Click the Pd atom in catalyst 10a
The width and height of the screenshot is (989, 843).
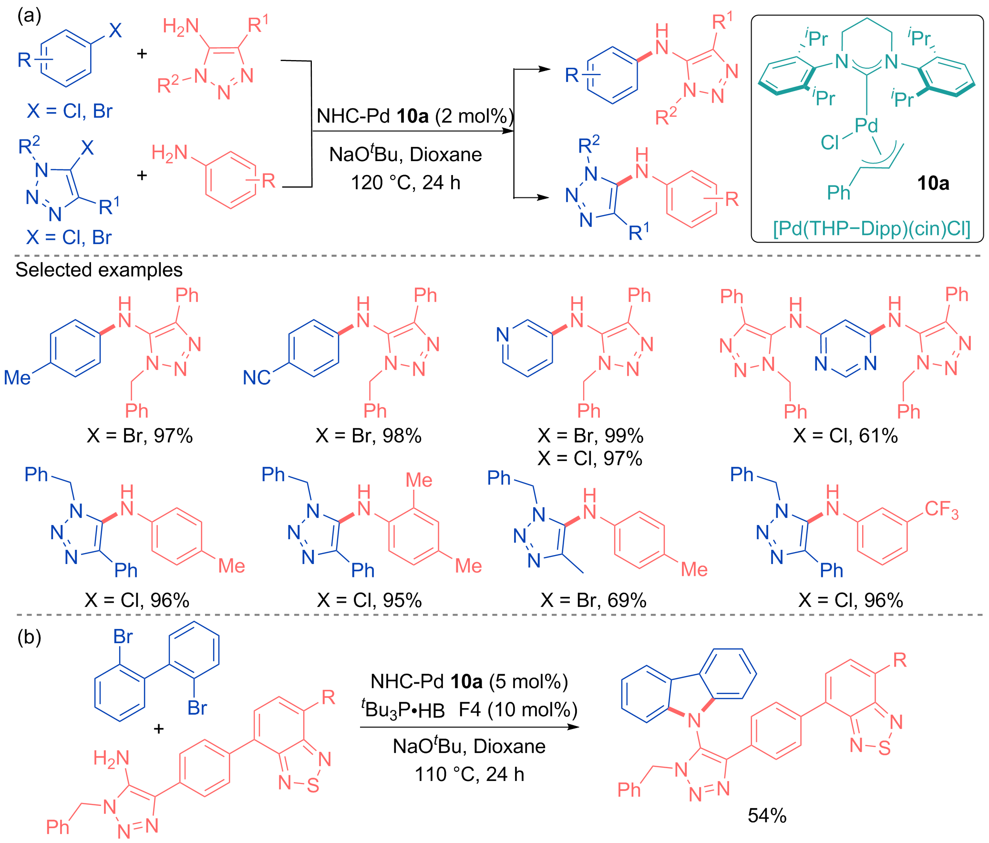(x=866, y=125)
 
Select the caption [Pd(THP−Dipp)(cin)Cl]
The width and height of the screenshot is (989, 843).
(x=872, y=229)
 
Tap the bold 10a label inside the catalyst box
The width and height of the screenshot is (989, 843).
(x=933, y=183)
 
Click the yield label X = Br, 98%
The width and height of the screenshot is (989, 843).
(x=369, y=436)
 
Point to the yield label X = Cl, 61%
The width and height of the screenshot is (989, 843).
(x=845, y=436)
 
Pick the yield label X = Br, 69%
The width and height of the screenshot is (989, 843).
(x=593, y=600)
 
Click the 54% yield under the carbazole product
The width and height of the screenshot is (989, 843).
(x=767, y=815)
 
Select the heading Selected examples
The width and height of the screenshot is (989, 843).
(x=99, y=270)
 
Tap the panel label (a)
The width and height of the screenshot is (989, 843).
(x=29, y=16)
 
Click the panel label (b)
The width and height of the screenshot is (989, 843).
(x=29, y=637)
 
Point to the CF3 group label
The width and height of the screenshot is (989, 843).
(x=941, y=510)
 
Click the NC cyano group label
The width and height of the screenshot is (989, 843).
(x=257, y=378)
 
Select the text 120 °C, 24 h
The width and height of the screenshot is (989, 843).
(x=406, y=183)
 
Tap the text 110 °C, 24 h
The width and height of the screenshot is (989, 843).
(x=469, y=774)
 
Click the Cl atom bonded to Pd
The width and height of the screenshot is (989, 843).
(x=830, y=142)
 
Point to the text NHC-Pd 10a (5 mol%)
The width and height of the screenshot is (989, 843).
(x=469, y=682)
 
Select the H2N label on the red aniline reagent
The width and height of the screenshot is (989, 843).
(x=169, y=153)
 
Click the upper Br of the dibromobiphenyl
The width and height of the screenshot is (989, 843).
(x=123, y=637)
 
